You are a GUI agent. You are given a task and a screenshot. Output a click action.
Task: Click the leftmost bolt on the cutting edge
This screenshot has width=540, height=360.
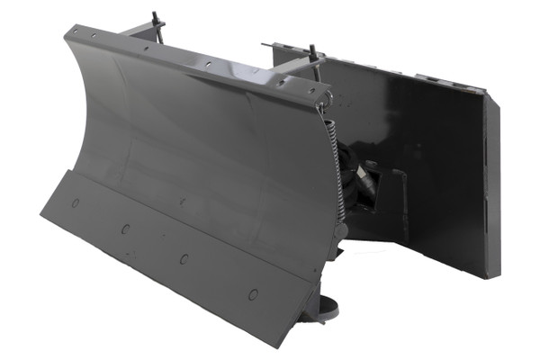76,202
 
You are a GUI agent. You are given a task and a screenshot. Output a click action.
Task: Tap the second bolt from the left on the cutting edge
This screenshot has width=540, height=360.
125,229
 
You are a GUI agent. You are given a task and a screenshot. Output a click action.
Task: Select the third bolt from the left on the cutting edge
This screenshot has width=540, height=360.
184,259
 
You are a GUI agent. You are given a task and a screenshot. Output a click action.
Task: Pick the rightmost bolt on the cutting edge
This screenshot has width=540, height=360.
253,294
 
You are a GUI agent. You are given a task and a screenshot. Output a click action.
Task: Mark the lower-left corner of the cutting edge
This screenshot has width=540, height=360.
40,216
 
